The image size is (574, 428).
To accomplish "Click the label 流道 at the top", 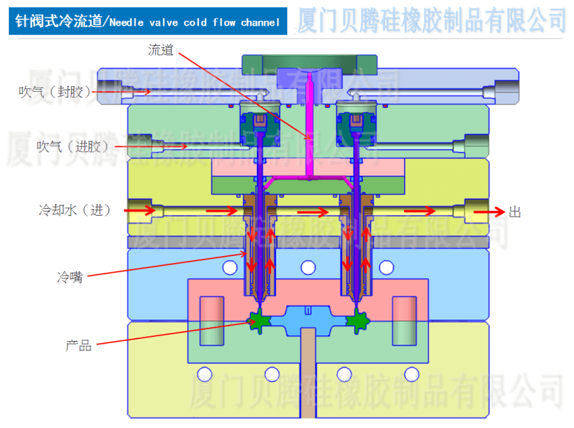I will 163,50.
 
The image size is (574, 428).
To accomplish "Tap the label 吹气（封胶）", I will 54,92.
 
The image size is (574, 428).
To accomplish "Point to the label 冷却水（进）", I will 74,210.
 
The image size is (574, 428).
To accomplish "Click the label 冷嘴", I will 70,276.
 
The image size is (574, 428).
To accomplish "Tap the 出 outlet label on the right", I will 515,212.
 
